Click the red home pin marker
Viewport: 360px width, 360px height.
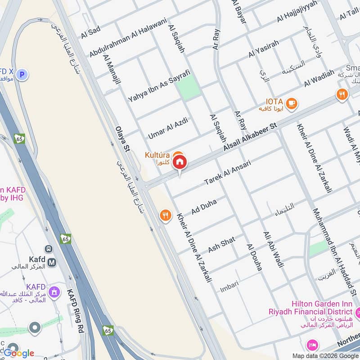click(x=180, y=162)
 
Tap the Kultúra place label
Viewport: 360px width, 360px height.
click(x=157, y=155)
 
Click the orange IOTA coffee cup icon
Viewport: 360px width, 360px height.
click(x=292, y=103)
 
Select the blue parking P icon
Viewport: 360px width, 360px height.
click(x=23, y=75)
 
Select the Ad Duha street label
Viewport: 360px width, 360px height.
click(x=204, y=207)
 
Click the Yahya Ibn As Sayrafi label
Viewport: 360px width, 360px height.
click(x=159, y=85)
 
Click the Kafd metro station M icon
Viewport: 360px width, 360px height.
click(x=52, y=262)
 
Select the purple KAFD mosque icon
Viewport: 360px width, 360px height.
click(x=54, y=292)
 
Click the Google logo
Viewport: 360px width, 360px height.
click(x=19, y=353)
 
